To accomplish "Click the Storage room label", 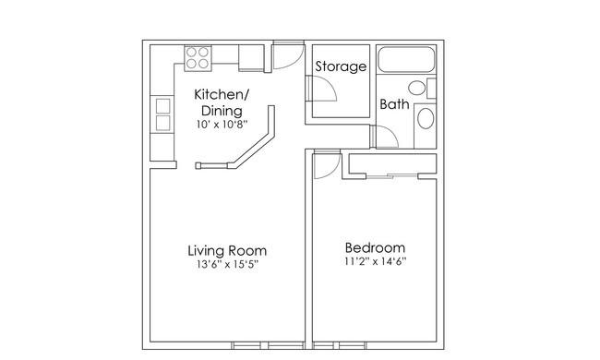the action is [341, 66].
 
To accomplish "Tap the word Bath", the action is [394, 104].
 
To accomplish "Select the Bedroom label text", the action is [375, 248].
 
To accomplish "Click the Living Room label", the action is [227, 250].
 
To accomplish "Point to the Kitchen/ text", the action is [222, 94].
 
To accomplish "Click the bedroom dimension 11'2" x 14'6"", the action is [375, 261].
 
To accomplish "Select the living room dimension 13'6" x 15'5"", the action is [228, 264].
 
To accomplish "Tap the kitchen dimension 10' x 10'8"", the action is [222, 125].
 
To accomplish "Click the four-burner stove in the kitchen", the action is [198, 58].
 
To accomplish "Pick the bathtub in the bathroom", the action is [406, 59].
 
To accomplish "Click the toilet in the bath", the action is [422, 88].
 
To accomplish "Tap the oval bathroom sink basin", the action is [426, 118].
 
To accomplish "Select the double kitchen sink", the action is [162, 114].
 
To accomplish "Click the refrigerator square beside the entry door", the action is [251, 57].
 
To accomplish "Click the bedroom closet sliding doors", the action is [391, 175].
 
